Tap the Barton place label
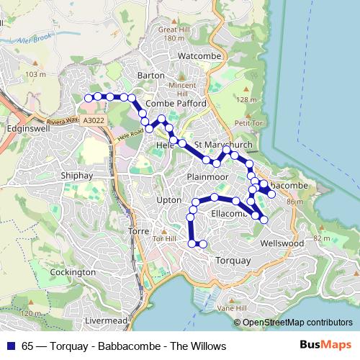[x=151, y=75]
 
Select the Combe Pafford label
[x=176, y=104]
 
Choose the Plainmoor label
[x=207, y=176]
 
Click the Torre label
[x=138, y=231]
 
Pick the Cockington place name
[x=73, y=272]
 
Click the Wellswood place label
[x=283, y=243]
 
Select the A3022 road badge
[x=93, y=122]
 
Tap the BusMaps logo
[x=325, y=346]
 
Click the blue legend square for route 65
[x=10, y=346]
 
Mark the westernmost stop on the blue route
[x=89, y=97]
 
